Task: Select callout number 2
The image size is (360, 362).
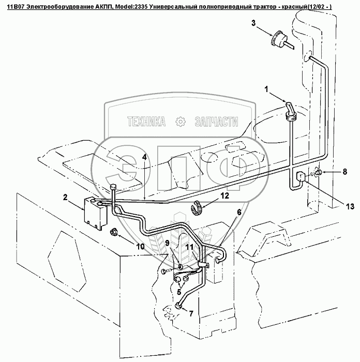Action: (x=66, y=198)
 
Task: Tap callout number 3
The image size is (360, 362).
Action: (x=253, y=23)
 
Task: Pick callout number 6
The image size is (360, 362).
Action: (x=239, y=212)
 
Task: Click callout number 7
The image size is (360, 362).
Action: (x=191, y=313)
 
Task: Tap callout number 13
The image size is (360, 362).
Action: (x=350, y=206)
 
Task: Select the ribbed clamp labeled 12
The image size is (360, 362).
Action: (x=198, y=207)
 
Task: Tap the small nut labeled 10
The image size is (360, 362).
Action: (x=113, y=231)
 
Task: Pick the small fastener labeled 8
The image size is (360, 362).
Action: (x=319, y=172)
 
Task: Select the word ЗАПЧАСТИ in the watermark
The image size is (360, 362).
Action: (x=216, y=122)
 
